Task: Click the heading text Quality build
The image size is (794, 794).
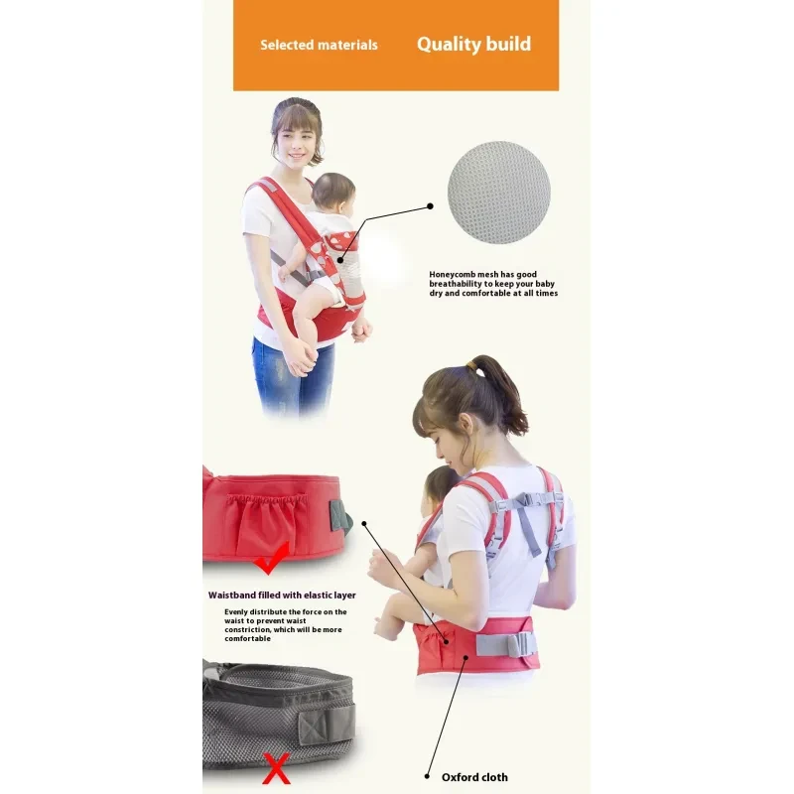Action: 473,44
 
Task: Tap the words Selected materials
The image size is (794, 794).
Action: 319,45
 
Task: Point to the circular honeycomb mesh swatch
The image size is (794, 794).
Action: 498,193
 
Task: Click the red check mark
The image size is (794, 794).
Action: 270,559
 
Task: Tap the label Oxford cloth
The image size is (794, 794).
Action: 474,777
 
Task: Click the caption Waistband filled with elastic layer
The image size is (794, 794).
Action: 282,595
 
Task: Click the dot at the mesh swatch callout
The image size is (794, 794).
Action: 431,206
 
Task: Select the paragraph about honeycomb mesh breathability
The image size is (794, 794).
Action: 493,284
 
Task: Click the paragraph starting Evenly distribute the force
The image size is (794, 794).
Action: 285,625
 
